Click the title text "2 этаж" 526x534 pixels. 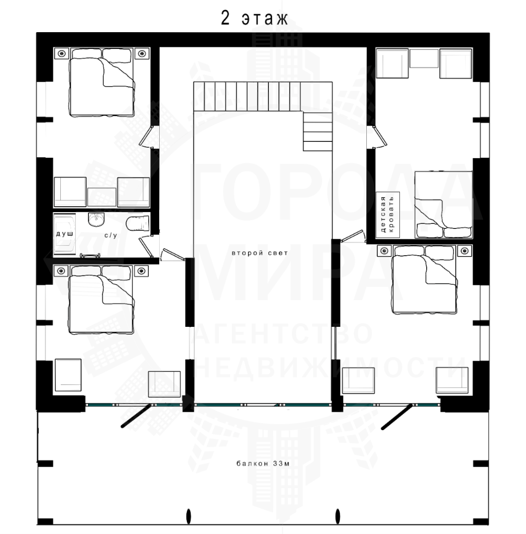tap(254, 18)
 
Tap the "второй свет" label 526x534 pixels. tap(260, 253)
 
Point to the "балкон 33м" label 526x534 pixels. tap(263, 463)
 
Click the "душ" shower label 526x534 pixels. tap(65, 234)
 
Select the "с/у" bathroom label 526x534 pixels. tap(111, 235)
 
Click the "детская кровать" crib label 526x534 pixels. tap(387, 215)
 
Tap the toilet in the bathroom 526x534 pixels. tap(137, 223)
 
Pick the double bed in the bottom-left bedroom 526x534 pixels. tap(101, 299)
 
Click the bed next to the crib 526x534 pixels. tap(443, 204)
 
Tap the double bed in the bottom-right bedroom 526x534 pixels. tap(425, 279)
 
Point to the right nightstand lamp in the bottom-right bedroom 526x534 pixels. tap(465, 251)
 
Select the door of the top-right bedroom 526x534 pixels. tap(380, 136)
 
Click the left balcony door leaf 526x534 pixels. tap(136, 415)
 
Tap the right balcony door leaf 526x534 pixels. tap(397, 416)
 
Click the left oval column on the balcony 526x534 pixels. tap(189, 516)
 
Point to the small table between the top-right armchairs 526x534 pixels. tap(424, 58)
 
